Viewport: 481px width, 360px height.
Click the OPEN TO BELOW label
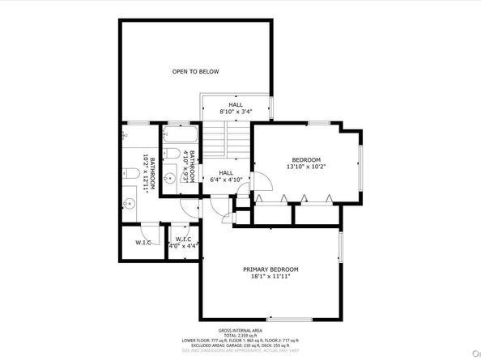[x=195, y=72]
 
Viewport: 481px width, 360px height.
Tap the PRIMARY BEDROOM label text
[x=270, y=269]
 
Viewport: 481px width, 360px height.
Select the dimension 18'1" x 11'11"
[x=270, y=277]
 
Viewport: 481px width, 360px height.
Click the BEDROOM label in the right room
[x=306, y=159]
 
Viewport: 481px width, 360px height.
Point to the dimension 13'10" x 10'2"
[x=306, y=167]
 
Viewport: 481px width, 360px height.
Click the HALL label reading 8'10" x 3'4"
[x=236, y=105]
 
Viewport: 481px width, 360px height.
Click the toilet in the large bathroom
[x=131, y=172]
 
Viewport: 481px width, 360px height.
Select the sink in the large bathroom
[x=130, y=202]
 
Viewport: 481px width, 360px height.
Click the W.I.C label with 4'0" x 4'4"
[x=182, y=241]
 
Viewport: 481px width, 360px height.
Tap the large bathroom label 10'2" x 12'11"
[x=147, y=172]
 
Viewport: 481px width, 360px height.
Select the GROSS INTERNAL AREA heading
[x=240, y=330]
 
